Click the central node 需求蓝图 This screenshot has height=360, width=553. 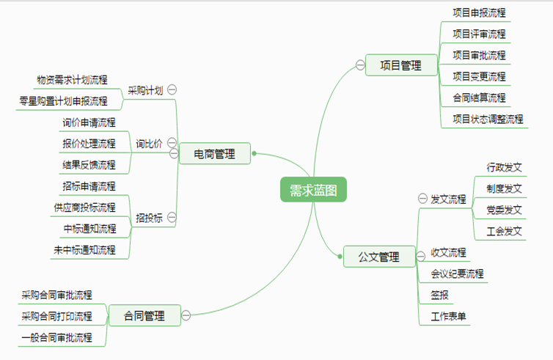tap(313, 190)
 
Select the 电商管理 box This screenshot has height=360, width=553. tap(215, 153)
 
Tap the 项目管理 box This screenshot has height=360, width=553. tap(401, 65)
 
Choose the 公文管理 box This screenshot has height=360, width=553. tap(379, 257)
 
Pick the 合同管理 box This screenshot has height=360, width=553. tap(144, 315)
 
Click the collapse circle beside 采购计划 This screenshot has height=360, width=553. tap(172, 90)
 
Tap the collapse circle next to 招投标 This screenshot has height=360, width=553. tap(172, 217)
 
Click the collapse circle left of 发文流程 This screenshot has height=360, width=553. tap(422, 199)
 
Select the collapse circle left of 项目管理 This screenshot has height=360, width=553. tap(360, 65)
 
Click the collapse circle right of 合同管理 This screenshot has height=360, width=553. tap(186, 315)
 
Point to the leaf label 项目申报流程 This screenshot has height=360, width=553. tap(479, 13)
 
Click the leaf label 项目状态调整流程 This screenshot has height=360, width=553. tap(488, 120)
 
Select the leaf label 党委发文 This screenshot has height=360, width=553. tap(504, 210)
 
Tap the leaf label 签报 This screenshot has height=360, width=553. tap(439, 295)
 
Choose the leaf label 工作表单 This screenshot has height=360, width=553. tap(448, 316)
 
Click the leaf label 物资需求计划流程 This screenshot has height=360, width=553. tap(72, 80)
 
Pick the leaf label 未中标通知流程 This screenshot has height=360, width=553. tap(84, 250)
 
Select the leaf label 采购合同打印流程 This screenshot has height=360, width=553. tap(56, 316)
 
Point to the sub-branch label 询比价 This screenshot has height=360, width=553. tap(149, 144)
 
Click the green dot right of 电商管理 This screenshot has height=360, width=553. tap(254, 153)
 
